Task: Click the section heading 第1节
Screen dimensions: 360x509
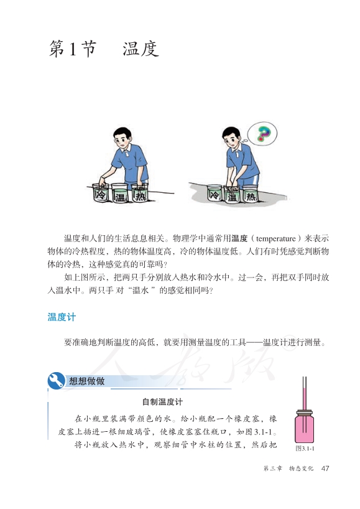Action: (73, 49)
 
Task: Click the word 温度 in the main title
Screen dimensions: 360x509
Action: (141, 49)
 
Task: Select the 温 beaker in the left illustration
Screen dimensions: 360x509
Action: (119, 193)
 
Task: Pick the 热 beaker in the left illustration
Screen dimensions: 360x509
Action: (140, 193)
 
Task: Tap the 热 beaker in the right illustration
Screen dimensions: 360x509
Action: (250, 194)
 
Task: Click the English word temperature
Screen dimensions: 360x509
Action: (276, 239)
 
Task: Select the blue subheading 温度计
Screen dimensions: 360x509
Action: (62, 317)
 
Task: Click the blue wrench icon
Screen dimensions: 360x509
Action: (56, 380)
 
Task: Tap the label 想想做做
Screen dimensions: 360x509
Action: (86, 381)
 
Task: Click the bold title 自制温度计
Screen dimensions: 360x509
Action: (162, 402)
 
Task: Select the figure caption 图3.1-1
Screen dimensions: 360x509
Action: (305, 448)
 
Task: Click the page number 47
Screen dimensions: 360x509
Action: (325, 469)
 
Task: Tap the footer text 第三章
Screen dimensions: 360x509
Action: (273, 469)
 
